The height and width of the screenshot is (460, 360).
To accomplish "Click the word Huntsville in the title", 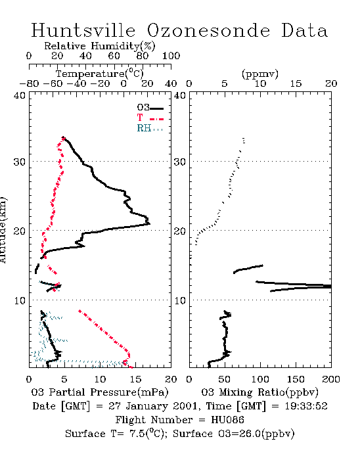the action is click(x=83, y=30).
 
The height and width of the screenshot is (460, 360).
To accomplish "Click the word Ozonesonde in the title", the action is click(x=208, y=30).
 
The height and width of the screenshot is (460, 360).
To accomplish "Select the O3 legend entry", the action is click(x=150, y=108).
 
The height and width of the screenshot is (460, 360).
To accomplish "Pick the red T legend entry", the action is click(x=150, y=118).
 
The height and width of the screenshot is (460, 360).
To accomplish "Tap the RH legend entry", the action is click(x=150, y=128).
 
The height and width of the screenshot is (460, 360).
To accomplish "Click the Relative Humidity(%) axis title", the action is click(x=100, y=46).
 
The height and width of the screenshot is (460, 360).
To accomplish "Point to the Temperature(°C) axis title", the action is click(x=100, y=74).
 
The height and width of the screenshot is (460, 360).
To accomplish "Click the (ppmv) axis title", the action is click(x=260, y=74).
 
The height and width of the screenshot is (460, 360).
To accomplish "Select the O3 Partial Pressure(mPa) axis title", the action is click(x=100, y=392).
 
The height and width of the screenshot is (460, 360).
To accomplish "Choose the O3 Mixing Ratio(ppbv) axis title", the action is click(x=259, y=392).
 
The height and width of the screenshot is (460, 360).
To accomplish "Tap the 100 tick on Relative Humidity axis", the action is click(x=171, y=56).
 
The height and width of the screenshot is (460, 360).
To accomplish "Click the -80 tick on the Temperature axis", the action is click(x=29, y=83).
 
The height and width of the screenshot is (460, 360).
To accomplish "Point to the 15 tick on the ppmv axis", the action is click(x=296, y=83).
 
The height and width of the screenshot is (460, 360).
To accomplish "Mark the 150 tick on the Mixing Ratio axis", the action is click(x=296, y=379).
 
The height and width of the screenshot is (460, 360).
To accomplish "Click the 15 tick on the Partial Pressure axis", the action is click(x=135, y=379).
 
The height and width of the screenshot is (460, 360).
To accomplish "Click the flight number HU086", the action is click(x=227, y=420).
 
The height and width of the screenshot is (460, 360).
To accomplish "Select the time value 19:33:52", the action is click(x=306, y=406).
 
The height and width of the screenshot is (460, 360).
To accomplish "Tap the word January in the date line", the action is click(x=147, y=406).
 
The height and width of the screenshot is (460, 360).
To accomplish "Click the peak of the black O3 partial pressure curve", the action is click(x=150, y=224).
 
